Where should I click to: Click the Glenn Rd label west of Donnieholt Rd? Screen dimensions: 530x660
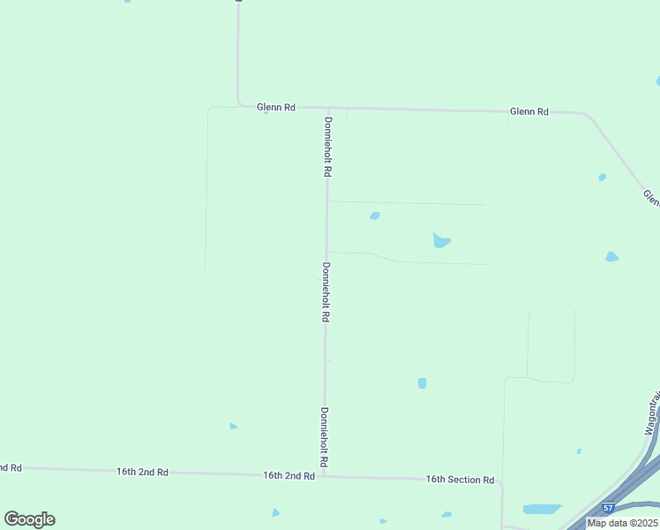275,107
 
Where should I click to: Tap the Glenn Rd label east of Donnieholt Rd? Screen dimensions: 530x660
529,112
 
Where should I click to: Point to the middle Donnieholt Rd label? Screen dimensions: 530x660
326,291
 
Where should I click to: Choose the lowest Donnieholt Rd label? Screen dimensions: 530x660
324,436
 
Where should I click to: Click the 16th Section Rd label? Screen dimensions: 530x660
460,480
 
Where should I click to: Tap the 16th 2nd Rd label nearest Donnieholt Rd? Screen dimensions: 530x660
289,475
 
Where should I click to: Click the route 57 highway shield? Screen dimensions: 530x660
609,508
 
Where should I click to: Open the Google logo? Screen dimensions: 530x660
29,519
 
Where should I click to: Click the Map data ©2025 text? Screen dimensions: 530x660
621,523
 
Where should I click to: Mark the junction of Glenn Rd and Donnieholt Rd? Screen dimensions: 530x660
328,108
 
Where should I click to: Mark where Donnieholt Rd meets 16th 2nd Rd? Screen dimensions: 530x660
324,476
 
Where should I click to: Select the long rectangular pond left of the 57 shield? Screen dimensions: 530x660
542,509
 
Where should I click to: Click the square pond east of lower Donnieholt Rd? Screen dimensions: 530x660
422,383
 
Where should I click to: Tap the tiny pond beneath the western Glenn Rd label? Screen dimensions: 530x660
266,113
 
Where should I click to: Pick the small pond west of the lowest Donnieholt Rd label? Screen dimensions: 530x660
233,427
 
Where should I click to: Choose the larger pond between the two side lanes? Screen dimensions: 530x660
441,240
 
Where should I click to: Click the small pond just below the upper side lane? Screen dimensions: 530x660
375,216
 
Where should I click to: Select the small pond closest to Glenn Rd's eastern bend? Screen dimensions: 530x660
603,178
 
